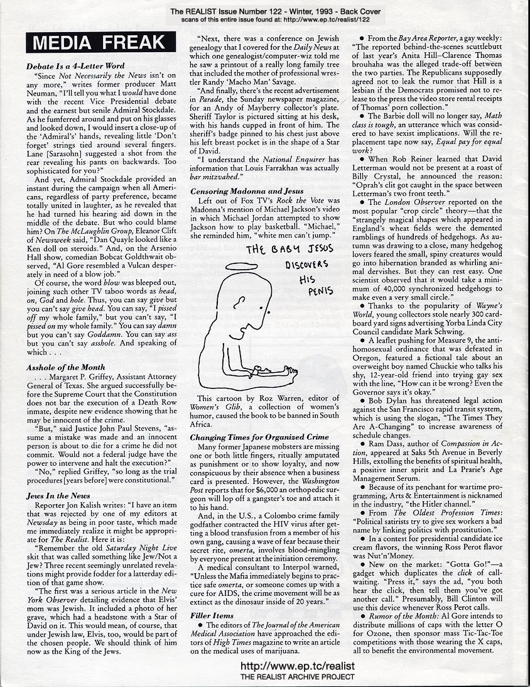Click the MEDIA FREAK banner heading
(x=96, y=44)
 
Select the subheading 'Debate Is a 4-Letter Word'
(x=75, y=65)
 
